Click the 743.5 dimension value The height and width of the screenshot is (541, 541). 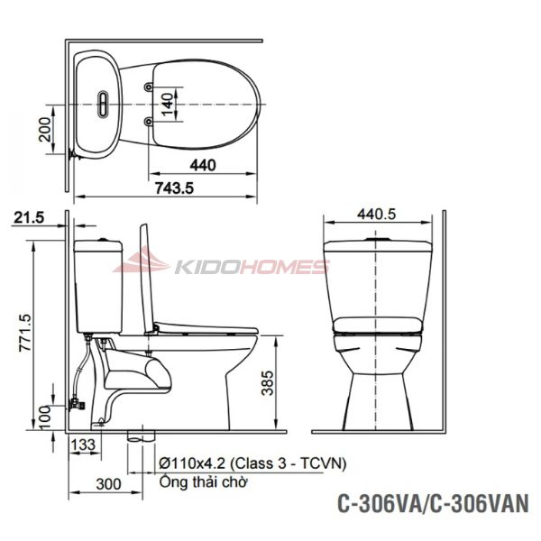point(174,188)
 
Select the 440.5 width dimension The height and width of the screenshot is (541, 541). point(376,215)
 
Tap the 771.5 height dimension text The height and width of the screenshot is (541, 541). point(26,333)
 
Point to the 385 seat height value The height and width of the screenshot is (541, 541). point(268,382)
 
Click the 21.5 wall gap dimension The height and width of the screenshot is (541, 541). point(29,217)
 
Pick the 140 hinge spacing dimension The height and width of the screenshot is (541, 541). point(167,105)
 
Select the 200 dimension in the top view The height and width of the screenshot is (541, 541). point(44,129)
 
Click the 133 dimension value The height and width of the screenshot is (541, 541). point(83,445)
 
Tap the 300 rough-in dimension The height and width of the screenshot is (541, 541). point(109,484)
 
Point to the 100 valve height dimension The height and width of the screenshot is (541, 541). point(44,417)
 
